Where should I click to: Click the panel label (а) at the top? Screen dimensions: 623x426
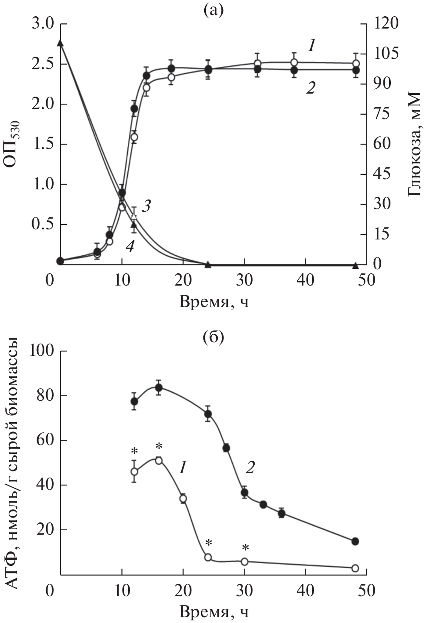214,10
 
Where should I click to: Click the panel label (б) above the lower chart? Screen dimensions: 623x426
213,338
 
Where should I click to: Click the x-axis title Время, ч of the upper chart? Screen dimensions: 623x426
214,302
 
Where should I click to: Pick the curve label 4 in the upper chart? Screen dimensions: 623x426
130,247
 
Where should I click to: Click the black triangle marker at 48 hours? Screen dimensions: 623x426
356,265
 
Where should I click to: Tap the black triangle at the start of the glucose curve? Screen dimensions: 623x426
61,43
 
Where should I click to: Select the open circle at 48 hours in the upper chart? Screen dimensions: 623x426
356,64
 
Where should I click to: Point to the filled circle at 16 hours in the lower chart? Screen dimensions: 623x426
159,388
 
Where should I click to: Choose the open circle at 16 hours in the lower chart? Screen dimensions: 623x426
159,460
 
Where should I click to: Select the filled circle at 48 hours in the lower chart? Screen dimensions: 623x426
355,541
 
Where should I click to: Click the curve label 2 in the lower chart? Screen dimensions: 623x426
249,469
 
